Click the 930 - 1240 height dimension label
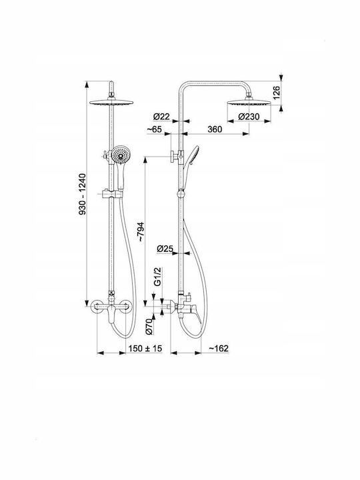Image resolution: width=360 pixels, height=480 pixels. [83, 194]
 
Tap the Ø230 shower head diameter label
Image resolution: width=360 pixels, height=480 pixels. [249, 117]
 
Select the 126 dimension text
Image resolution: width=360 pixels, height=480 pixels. [277, 93]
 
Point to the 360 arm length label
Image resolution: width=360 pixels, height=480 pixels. [215, 129]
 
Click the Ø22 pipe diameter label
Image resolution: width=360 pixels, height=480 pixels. [161, 117]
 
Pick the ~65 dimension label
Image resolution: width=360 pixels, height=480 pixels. [154, 129]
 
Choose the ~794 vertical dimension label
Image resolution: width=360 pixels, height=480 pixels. [140, 232]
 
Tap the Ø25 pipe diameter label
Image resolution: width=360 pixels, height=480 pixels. [165, 249]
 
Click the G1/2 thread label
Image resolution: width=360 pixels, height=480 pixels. [157, 277]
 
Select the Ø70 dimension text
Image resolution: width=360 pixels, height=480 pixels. [149, 326]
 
